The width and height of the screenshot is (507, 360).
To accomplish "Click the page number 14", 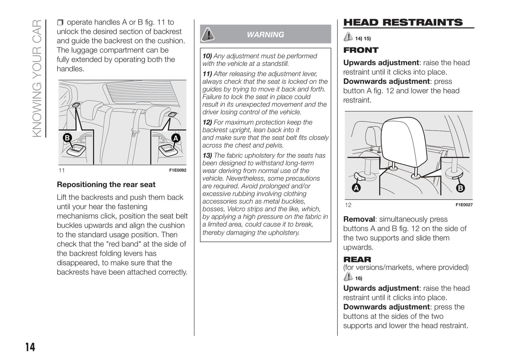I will click(30, 347).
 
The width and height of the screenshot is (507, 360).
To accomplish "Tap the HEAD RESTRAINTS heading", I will click(403, 22).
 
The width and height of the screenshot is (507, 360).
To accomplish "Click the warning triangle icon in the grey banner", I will click(208, 34).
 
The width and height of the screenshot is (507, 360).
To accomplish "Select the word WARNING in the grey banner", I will click(265, 35).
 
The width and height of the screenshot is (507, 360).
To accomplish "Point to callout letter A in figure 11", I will click(175, 138).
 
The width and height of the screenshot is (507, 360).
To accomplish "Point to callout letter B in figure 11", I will click(67, 138).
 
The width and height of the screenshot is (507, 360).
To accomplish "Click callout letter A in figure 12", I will click(356, 188).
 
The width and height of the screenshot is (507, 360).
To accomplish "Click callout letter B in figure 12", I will click(460, 188).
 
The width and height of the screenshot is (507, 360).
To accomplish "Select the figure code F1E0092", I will click(178, 171).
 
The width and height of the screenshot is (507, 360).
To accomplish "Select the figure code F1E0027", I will click(464, 205).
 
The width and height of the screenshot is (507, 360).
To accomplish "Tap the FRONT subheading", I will click(361, 50).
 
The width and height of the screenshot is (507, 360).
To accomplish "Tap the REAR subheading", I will click(357, 260).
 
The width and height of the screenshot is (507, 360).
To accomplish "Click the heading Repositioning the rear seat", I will click(106, 185).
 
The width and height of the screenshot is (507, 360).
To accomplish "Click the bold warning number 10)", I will click(207, 56).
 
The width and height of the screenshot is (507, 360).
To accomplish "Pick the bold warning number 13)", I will click(207, 155).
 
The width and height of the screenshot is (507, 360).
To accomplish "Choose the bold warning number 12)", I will click(207, 122).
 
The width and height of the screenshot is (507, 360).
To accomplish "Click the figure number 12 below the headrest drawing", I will click(348, 205).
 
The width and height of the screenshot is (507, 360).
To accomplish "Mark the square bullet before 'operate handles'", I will click(60, 23).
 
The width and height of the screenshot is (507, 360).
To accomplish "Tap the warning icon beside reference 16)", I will click(348, 277).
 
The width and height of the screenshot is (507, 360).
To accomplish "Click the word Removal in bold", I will click(359, 219).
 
